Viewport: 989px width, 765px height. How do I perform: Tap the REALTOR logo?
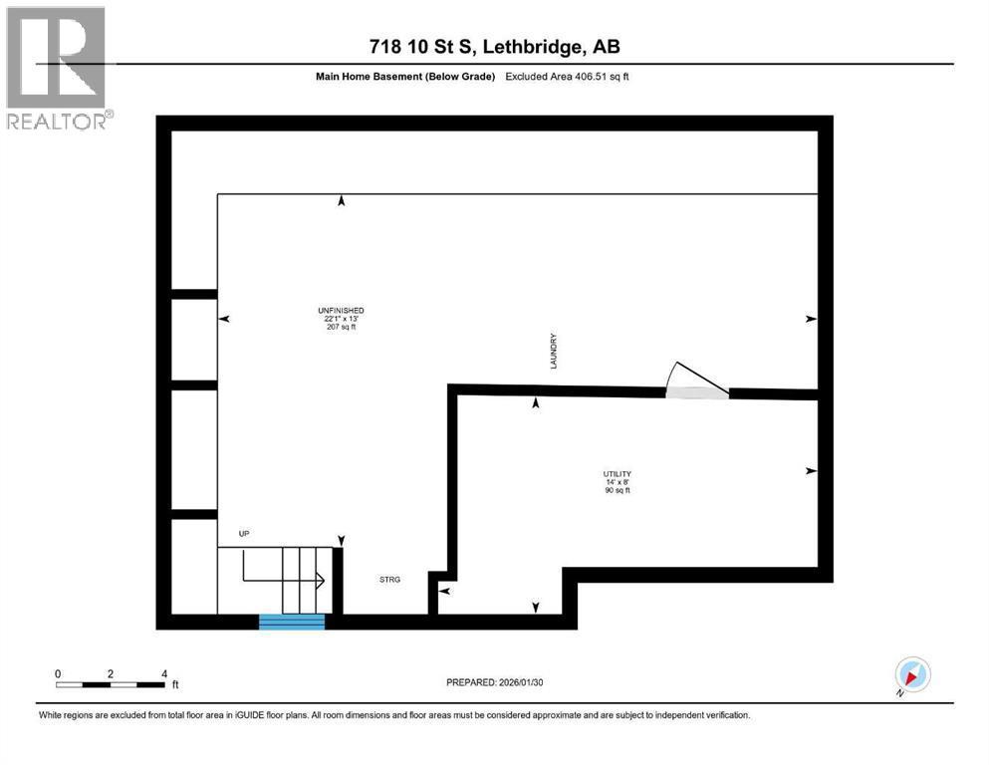pyautogui.click(x=57, y=69)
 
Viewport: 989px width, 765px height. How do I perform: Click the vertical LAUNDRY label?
pyautogui.click(x=554, y=352)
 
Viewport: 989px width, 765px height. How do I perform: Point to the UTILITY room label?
pyautogui.click(x=617, y=474)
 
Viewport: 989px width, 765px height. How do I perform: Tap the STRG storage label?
pyautogui.click(x=389, y=580)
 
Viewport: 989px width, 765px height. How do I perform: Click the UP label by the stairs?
pyautogui.click(x=244, y=534)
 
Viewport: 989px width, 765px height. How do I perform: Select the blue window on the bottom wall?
pyautogui.click(x=292, y=622)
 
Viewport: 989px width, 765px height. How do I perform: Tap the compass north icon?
pyautogui.click(x=912, y=674)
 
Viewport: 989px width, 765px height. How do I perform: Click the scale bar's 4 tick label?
pyautogui.click(x=164, y=673)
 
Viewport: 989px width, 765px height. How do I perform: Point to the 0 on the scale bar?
pyautogui.click(x=58, y=673)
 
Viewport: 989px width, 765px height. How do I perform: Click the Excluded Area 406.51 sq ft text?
pyautogui.click(x=567, y=77)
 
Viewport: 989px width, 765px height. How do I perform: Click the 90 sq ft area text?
pyautogui.click(x=617, y=490)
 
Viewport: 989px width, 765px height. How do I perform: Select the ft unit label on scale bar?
pyautogui.click(x=175, y=684)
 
